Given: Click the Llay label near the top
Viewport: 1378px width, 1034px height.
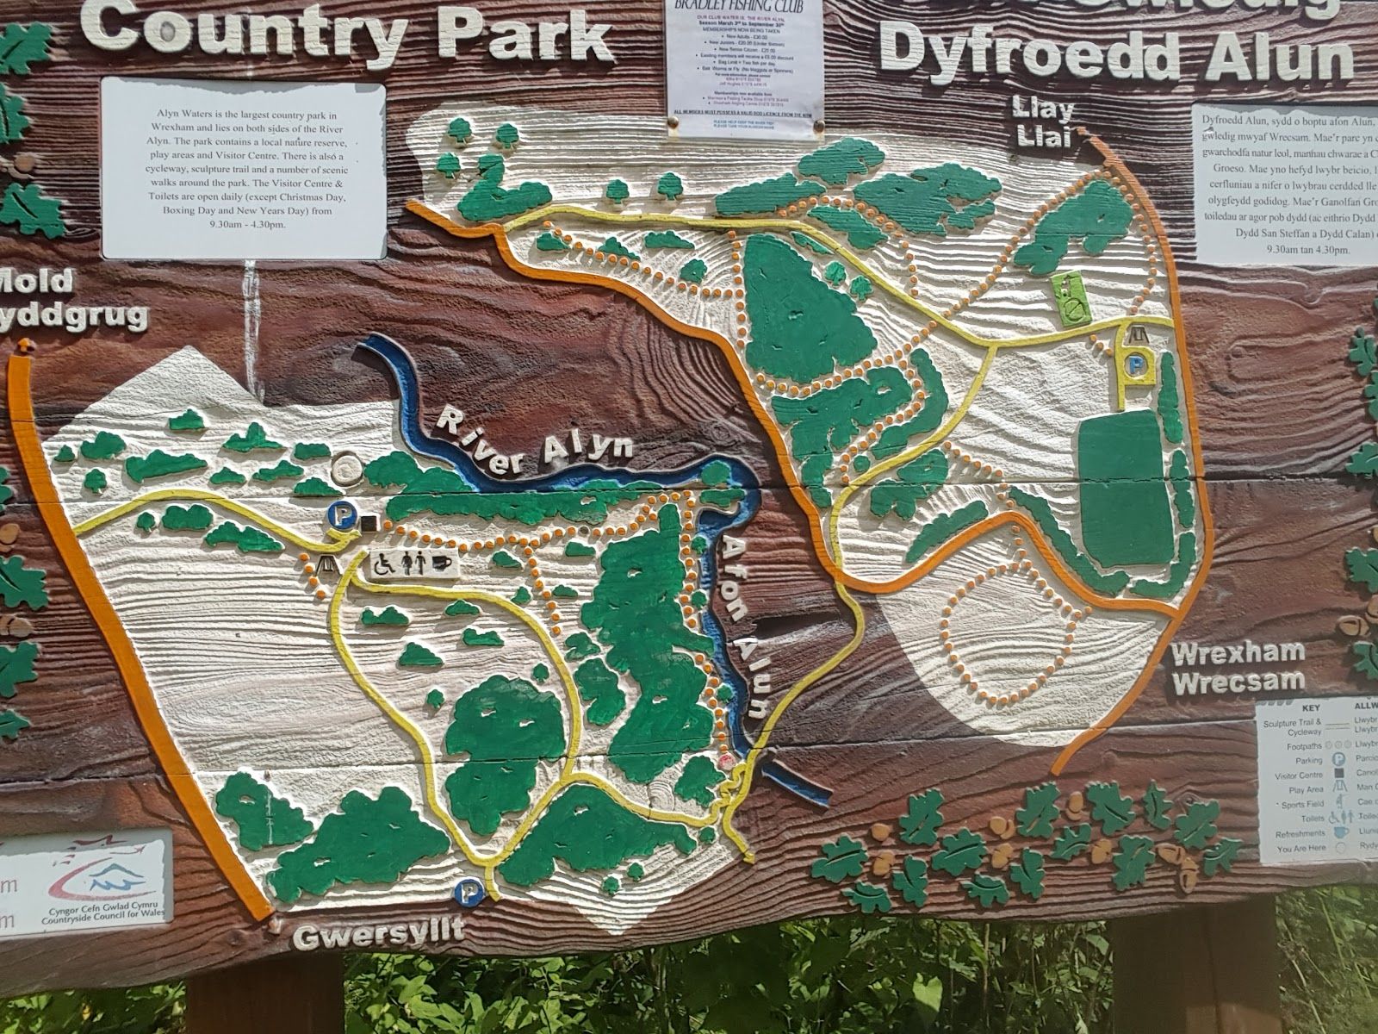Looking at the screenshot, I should pyautogui.click(x=1048, y=109).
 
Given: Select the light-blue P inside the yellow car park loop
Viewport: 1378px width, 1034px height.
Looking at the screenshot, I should pyautogui.click(x=1139, y=365).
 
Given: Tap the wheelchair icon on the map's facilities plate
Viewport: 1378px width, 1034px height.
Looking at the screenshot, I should pyautogui.click(x=383, y=564).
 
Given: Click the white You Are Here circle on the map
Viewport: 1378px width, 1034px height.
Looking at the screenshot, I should pyautogui.click(x=348, y=469).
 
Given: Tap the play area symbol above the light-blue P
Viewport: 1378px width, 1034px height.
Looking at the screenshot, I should pyautogui.click(x=1139, y=334).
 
